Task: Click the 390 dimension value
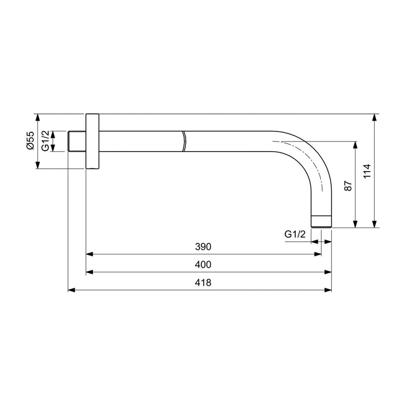point(203,247)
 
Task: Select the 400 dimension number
point(203,265)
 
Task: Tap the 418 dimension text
point(203,283)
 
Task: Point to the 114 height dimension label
point(367,171)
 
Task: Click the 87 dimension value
point(348,186)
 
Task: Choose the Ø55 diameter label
point(30,140)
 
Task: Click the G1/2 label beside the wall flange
point(45,140)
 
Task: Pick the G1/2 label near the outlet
point(295,234)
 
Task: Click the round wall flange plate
point(92,141)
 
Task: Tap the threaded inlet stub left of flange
point(77,141)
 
